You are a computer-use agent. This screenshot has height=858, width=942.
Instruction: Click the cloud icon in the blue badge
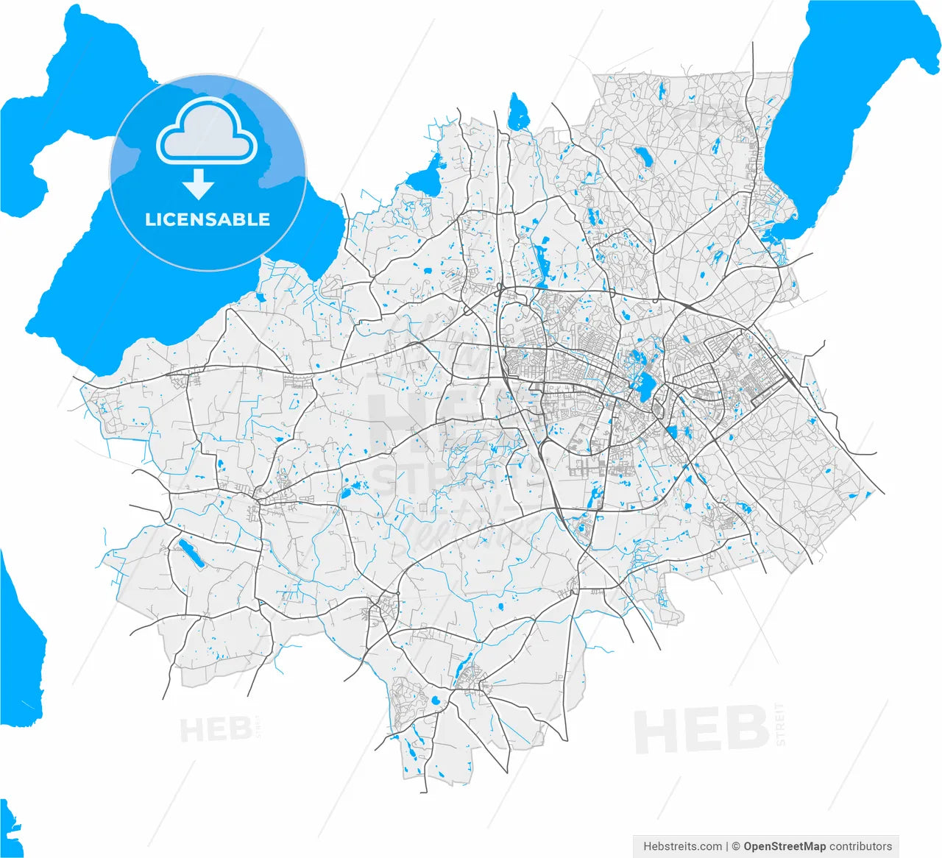(x=207, y=130)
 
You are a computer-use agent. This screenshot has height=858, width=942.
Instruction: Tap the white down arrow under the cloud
(x=198, y=184)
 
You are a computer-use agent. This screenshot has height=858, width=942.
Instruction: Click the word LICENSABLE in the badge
(x=208, y=219)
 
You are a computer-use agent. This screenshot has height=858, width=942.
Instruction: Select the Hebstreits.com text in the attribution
(x=682, y=846)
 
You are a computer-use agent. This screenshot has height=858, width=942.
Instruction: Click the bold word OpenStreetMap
(x=785, y=846)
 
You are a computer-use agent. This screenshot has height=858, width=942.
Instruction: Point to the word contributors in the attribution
(x=860, y=846)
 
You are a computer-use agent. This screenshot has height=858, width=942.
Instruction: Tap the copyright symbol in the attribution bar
(x=734, y=846)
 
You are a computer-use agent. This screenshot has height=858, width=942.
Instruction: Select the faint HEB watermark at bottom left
(x=214, y=730)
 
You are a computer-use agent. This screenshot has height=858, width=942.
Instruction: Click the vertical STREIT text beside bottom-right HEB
(x=781, y=724)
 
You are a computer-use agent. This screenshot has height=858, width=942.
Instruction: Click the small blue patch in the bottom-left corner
(x=10, y=824)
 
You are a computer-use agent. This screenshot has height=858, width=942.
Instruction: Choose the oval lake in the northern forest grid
(x=644, y=156)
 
